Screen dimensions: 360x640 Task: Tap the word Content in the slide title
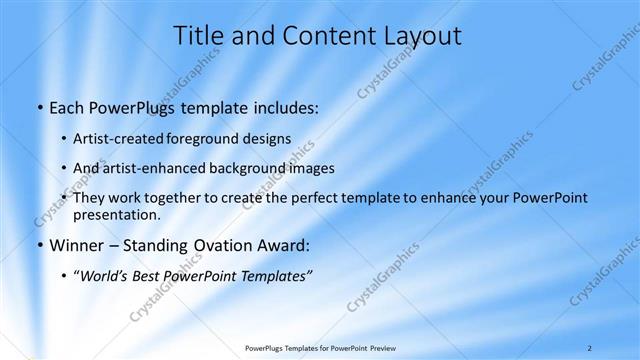(322, 36)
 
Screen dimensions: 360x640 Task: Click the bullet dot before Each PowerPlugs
(39, 107)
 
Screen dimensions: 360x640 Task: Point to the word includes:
(284, 107)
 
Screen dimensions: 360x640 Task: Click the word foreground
(209, 138)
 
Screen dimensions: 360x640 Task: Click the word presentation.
(117, 214)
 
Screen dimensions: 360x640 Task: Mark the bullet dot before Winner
(39, 246)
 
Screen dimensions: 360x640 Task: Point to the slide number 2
(590, 348)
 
